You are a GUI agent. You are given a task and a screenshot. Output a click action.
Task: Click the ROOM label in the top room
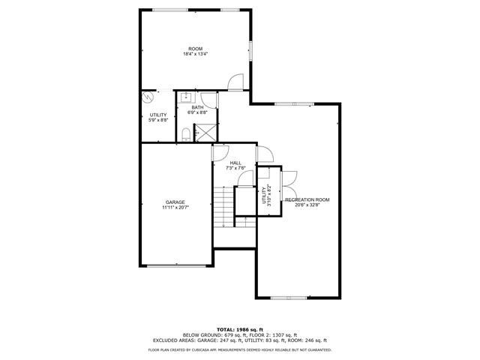tap(195, 49)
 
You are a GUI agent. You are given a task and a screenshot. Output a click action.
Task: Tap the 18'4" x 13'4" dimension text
tap(195, 54)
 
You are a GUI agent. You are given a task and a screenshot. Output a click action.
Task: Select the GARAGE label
tap(175, 202)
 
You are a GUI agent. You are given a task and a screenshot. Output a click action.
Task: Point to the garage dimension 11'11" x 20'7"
tap(175, 207)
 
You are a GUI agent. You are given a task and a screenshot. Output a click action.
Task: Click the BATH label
tap(197, 107)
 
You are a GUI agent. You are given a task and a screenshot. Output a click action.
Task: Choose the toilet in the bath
tap(184, 135)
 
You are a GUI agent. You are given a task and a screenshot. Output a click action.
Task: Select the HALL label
tap(235, 163)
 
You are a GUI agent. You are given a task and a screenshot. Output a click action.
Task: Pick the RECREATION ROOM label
tap(307, 199)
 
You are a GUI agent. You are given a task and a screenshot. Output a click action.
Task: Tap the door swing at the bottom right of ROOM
tap(235, 82)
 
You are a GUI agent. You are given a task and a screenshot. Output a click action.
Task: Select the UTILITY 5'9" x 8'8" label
tap(158, 117)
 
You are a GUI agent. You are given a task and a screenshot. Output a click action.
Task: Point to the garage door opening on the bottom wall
tap(175, 266)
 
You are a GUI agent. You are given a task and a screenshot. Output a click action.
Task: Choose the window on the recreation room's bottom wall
tap(289, 298)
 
